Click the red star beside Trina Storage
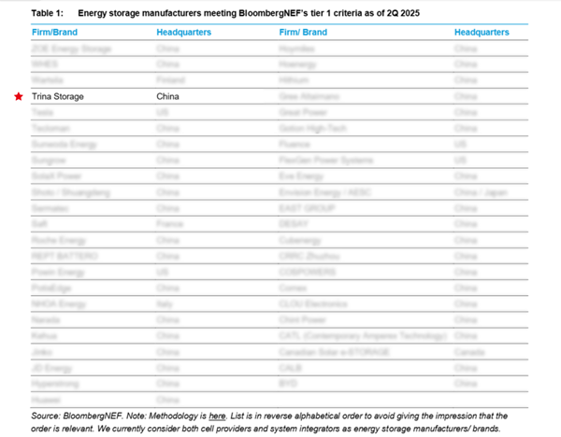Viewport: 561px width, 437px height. tap(18, 96)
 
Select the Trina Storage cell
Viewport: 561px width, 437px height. tap(58, 96)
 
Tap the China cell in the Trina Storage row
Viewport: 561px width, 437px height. tap(168, 96)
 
